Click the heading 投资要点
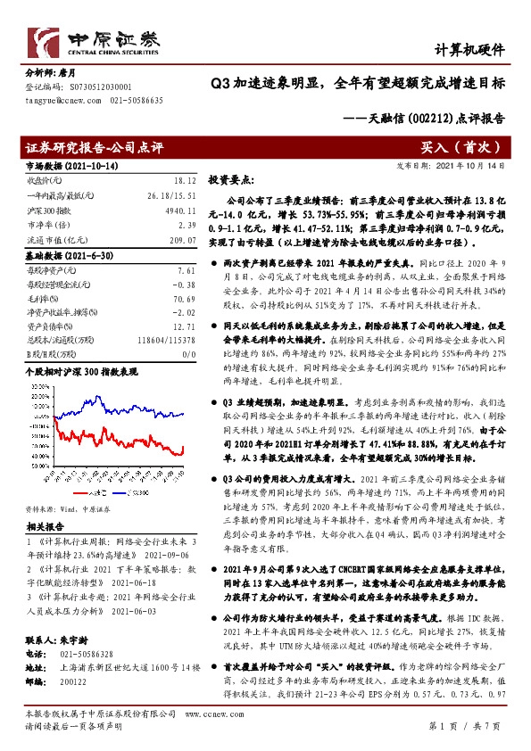230,179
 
